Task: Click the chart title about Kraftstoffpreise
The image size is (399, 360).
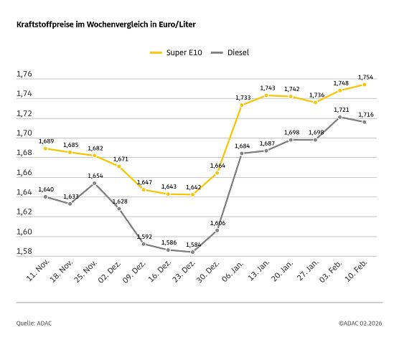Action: tap(105, 24)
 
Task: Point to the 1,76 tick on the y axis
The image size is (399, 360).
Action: tap(24, 75)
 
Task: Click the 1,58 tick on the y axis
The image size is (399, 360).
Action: tap(24, 252)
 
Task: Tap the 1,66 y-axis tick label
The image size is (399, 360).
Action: tap(24, 174)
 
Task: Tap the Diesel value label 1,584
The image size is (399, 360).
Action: tap(193, 244)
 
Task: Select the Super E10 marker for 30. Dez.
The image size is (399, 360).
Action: tap(217, 174)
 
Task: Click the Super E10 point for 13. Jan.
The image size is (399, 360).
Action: tap(266, 95)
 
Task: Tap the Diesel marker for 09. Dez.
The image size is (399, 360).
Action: tap(144, 244)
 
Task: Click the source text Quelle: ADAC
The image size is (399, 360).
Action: tap(34, 323)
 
